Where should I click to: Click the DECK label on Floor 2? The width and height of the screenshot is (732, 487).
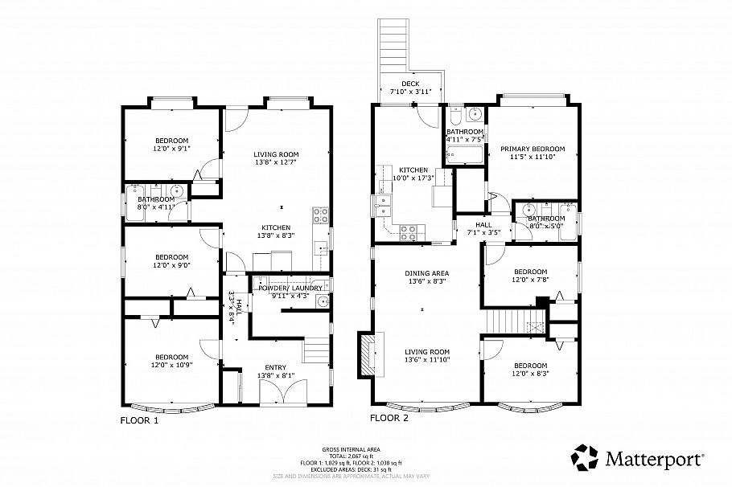pos(411,84)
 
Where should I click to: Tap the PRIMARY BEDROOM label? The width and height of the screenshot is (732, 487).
pos(533,149)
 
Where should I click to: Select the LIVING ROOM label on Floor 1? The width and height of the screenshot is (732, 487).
pos(276,154)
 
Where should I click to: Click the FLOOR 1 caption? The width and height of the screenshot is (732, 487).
pos(139,419)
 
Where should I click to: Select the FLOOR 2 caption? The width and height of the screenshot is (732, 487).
pos(389,418)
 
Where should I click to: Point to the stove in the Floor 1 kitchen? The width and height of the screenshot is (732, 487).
pos(319,215)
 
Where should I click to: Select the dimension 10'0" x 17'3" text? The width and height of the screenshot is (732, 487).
pos(412,178)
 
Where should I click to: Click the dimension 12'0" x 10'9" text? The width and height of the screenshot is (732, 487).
pos(171,366)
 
